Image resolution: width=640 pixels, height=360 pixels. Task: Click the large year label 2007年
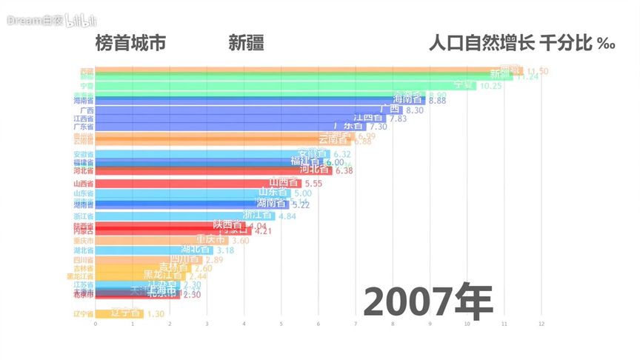click(429, 300)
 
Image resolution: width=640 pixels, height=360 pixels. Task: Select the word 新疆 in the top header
click(246, 43)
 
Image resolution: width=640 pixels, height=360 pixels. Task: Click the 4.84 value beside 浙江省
click(287, 216)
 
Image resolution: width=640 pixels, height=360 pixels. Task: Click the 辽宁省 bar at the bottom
click(119, 313)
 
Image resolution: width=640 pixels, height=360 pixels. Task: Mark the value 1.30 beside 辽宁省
click(156, 314)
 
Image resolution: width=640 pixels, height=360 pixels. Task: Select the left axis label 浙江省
click(83, 216)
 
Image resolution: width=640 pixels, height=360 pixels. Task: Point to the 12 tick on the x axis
click(541, 324)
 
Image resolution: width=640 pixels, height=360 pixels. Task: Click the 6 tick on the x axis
click(319, 324)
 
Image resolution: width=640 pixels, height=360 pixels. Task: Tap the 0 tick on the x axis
click(96, 324)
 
